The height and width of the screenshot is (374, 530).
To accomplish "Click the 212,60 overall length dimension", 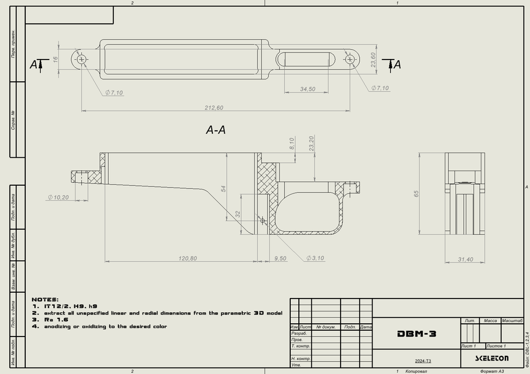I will click(x=214, y=108).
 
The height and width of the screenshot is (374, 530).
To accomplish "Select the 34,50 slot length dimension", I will click(x=308, y=89).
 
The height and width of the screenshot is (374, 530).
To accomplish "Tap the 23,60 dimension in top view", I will click(x=373, y=60).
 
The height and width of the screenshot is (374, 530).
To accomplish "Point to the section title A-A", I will click(x=215, y=130).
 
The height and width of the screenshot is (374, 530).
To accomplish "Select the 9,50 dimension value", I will click(x=280, y=258).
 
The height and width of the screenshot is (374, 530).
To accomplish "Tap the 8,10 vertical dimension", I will click(x=292, y=144).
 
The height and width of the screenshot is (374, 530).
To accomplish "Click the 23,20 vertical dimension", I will click(x=312, y=143).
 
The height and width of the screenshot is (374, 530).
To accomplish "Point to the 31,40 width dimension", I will click(x=464, y=259).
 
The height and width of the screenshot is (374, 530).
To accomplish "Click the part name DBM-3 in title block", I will click(x=417, y=334).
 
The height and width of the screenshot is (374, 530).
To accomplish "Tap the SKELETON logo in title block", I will click(x=491, y=358).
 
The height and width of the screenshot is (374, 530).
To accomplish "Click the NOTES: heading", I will click(x=45, y=299).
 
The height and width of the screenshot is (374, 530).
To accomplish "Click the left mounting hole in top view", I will click(x=81, y=59).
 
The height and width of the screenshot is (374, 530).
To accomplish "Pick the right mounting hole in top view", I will click(x=350, y=59).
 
